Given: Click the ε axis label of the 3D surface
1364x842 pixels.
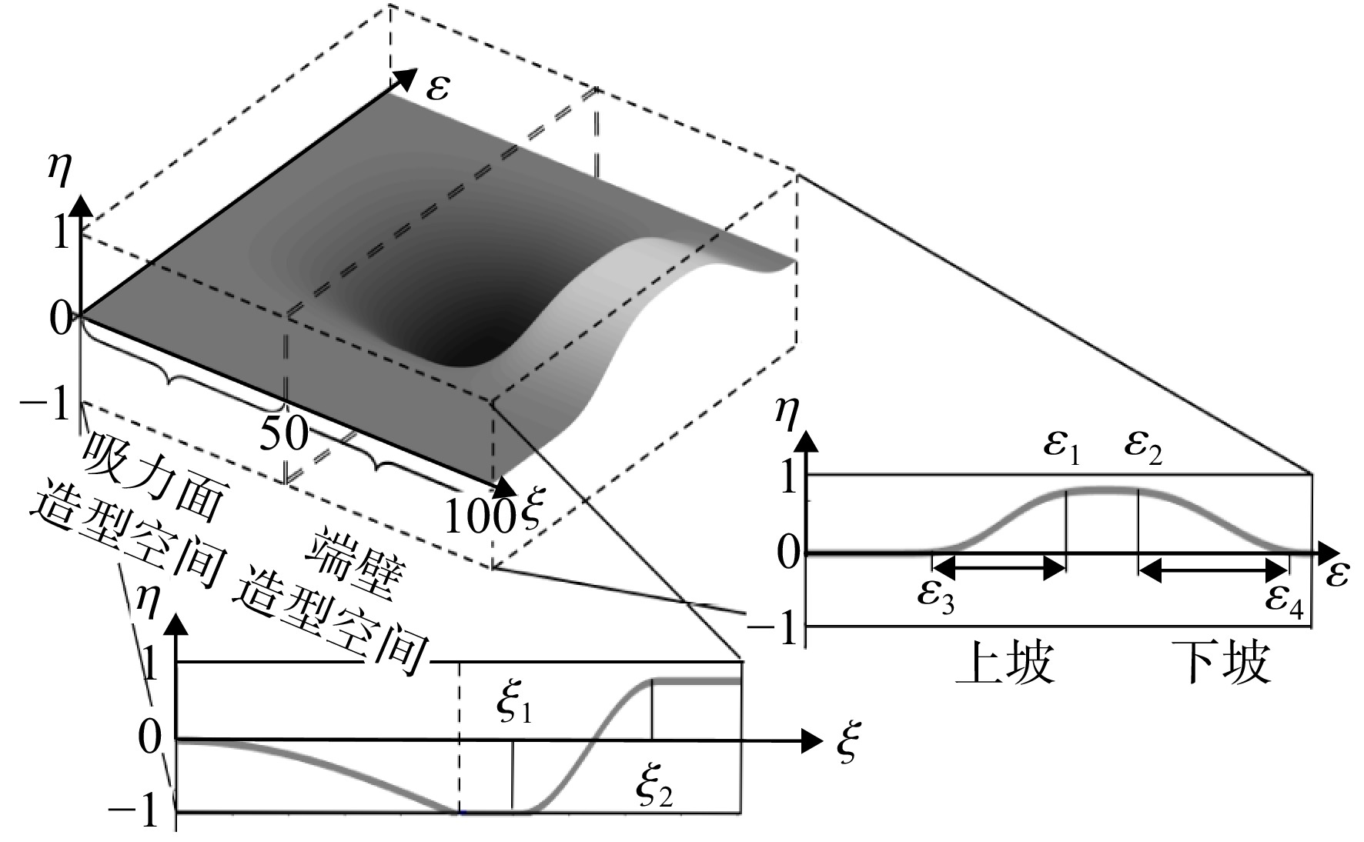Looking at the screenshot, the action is click(440, 87).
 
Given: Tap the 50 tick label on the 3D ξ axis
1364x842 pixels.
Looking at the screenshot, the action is click(284, 435).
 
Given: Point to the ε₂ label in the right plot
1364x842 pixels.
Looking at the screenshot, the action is click(1143, 448).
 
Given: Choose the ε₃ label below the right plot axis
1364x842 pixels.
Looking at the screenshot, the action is click(936, 596).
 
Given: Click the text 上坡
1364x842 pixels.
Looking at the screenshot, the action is click(1004, 663).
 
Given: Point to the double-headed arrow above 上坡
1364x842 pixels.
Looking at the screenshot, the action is click(999, 569).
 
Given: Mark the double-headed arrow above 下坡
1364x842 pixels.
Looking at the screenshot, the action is click(1213, 570).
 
